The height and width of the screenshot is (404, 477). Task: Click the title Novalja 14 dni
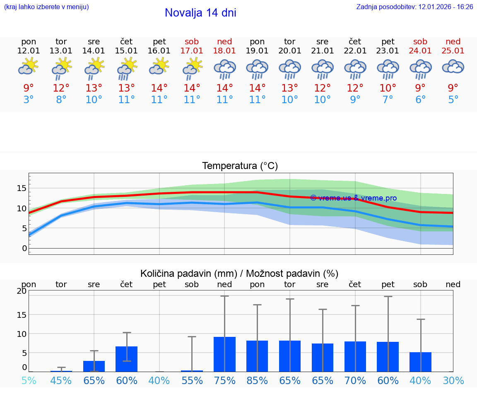[x=200, y=13]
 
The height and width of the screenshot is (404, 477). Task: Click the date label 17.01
[x=192, y=51]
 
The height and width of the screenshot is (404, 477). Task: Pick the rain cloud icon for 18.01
[x=224, y=69]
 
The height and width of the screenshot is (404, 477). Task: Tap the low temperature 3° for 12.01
[x=29, y=99]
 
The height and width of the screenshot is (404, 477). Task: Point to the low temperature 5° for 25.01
[x=453, y=99]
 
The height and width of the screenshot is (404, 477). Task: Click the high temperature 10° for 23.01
[x=388, y=88]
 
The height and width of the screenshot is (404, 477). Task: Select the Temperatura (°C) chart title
[x=240, y=166]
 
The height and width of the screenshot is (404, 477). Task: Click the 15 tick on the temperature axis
[x=22, y=188]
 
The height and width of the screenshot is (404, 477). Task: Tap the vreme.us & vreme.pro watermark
[x=353, y=198]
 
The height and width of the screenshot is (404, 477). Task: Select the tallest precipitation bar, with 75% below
[x=224, y=354]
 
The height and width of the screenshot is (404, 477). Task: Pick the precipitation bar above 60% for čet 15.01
[x=126, y=359]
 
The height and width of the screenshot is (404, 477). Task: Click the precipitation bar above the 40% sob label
[x=420, y=362]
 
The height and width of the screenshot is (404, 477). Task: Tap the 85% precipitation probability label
[x=257, y=380]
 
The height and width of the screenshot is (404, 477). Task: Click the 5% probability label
[x=29, y=380]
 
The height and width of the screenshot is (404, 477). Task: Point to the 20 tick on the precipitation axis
[x=22, y=291]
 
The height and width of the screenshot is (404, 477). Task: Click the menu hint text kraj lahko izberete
[x=46, y=7]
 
